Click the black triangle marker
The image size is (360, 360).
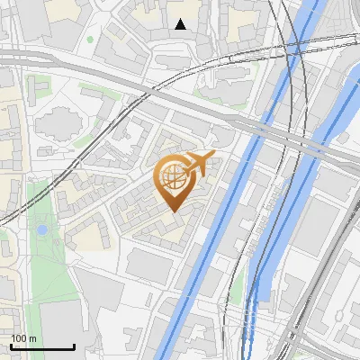(x=181, y=24)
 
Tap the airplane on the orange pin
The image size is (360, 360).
(x=198, y=163)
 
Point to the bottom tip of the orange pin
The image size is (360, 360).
(x=172, y=211)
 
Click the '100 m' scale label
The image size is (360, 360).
(x=23, y=338)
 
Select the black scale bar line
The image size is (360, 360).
(x=42, y=346)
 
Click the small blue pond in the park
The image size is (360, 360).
(x=42, y=230)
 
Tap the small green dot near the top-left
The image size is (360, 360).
(x=90, y=39)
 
